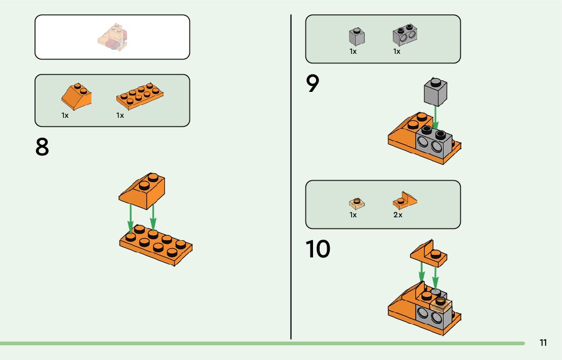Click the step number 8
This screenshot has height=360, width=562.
pyautogui.click(x=42, y=147)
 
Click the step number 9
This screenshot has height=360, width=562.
pyautogui.click(x=313, y=84)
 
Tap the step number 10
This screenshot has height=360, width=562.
pyautogui.click(x=318, y=249)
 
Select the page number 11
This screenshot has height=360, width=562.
pyautogui.click(x=543, y=343)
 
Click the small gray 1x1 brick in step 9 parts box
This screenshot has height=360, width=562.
pyautogui.click(x=357, y=37)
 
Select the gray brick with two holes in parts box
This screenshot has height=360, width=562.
pyautogui.click(x=404, y=36)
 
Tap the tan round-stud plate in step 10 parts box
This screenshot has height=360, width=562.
pyautogui.click(x=357, y=203)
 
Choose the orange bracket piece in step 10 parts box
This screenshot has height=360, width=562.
pyautogui.click(x=404, y=201)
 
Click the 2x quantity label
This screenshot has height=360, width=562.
pyautogui.click(x=397, y=215)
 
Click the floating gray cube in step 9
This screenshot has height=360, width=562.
pyautogui.click(x=435, y=92)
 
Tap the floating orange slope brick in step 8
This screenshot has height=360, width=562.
pyautogui.click(x=143, y=190)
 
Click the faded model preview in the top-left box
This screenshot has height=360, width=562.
pyautogui.click(x=112, y=37)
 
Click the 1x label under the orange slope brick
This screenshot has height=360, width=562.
pyautogui.click(x=65, y=115)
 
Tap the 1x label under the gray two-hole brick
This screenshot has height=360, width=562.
pyautogui.click(x=396, y=51)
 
